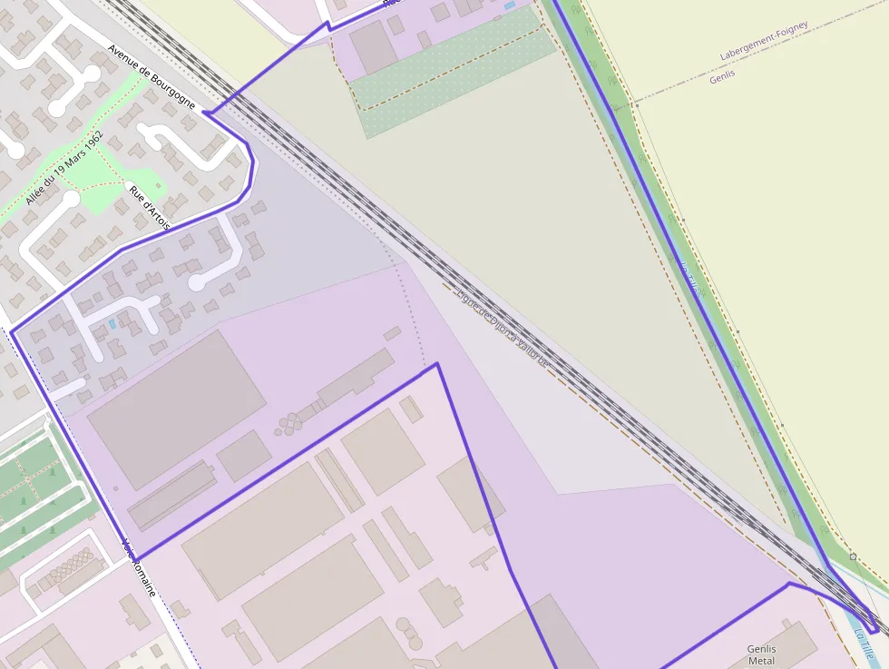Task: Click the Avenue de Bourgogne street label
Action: coord(151,77)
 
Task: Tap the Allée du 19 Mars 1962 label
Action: coord(64,168)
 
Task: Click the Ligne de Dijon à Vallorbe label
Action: coord(504,328)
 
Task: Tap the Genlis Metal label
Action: coord(761,654)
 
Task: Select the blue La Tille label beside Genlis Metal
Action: coord(865,645)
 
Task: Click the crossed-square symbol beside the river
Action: coord(853,556)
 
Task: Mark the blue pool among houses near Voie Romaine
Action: coord(112,323)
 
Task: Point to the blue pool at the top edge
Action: coord(509,5)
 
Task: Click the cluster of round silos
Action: coord(291,422)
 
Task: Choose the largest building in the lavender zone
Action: coord(176,408)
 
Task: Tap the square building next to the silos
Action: coord(244,456)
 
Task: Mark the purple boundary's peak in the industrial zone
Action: coord(437,364)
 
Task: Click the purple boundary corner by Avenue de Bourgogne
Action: coord(205,113)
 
